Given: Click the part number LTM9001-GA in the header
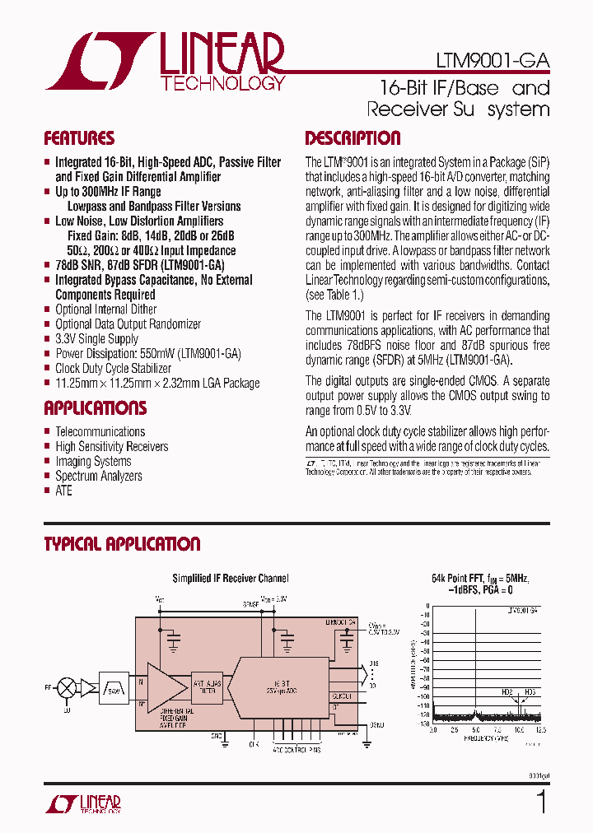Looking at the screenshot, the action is click(x=493, y=62).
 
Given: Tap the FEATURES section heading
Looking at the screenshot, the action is click(x=79, y=138).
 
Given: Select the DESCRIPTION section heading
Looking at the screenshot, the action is click(x=353, y=138).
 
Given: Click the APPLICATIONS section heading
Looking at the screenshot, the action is click(x=95, y=408).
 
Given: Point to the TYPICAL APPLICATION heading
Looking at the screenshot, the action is click(x=122, y=544).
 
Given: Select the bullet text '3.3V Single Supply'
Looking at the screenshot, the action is click(x=96, y=339).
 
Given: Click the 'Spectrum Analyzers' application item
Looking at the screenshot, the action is click(x=98, y=476).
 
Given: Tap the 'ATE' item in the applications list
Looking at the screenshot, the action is click(x=63, y=491).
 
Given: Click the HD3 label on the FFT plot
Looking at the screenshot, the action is click(x=529, y=692).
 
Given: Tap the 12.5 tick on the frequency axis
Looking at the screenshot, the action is click(x=539, y=730).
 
